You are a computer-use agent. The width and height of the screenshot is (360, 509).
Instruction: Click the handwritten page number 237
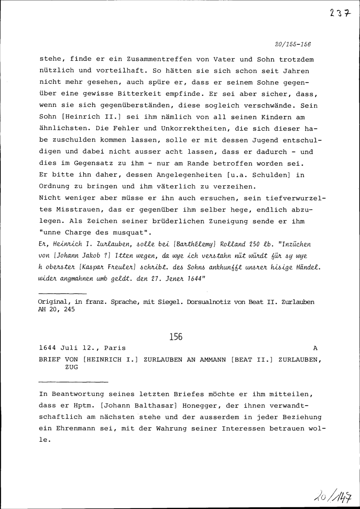click(339, 13)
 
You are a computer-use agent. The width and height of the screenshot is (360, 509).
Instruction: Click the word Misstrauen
click(76, 210)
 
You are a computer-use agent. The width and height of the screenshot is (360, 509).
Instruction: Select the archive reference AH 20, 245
click(56, 309)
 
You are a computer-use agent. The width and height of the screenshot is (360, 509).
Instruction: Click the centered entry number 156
click(176, 337)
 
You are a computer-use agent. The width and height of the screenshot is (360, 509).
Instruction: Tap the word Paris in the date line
click(115, 348)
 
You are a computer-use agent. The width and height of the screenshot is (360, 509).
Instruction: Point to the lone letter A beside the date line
click(316, 348)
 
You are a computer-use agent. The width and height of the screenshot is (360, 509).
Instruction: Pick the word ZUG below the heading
click(71, 367)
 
